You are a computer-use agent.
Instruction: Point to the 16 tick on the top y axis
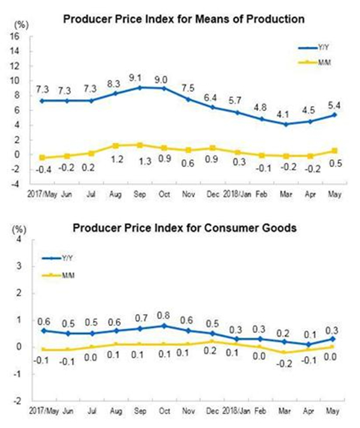pos(16,36)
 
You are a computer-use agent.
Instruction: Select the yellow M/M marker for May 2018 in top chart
pos(334,151)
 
